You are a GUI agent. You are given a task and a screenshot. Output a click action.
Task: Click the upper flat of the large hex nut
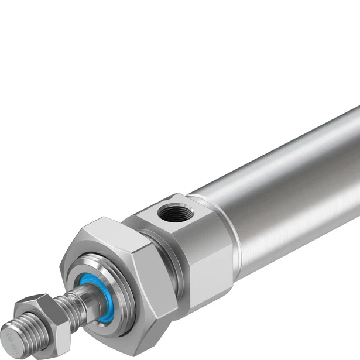coord(108,231)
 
